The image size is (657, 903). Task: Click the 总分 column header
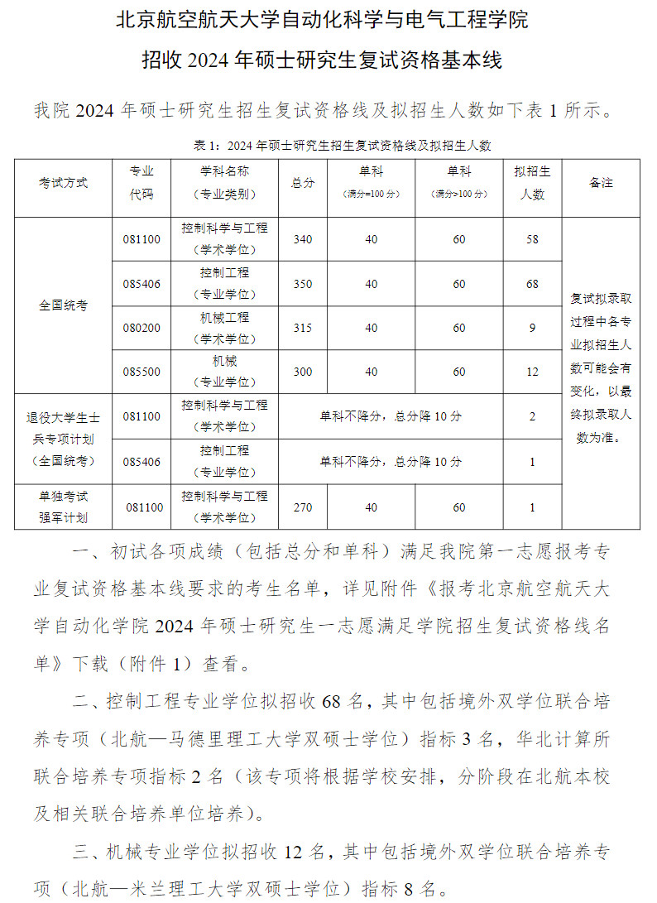(303, 183)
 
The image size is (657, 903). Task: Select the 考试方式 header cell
(63, 183)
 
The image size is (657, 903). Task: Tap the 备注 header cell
(602, 183)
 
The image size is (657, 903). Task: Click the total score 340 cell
(303, 239)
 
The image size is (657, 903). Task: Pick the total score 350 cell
(303, 284)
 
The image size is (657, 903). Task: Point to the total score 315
(303, 328)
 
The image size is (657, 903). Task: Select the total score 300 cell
(303, 372)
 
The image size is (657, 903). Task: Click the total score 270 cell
(303, 507)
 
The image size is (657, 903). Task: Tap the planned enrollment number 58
(532, 239)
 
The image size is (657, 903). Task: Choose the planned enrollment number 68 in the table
(532, 284)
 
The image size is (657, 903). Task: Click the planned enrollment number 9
(532, 328)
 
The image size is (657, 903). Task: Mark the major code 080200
(141, 328)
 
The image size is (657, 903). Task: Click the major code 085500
(141, 372)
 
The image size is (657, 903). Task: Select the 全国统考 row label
(63, 305)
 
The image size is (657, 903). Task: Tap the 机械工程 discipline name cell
(224, 328)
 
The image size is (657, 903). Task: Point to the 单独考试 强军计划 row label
(63, 507)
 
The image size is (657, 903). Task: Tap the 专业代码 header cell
(141, 183)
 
